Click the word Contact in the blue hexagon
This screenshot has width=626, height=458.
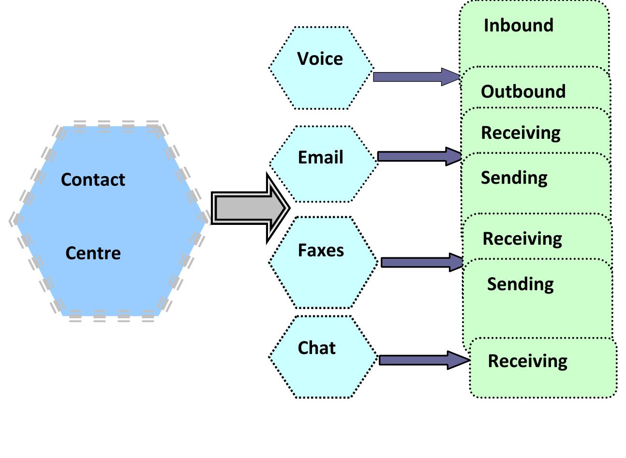coord(93,179)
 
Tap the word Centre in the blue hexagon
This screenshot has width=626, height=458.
coord(93,253)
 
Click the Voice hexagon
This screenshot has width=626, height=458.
coord(321,68)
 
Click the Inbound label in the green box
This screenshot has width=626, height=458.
coord(518,25)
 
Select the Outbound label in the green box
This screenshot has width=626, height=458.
coord(523,91)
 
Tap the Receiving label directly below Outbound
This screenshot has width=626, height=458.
coord(521,133)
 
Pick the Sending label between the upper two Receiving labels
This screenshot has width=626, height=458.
coord(514,177)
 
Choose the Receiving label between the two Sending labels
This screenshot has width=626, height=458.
coord(522,238)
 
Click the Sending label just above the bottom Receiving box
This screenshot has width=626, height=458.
coord(520,283)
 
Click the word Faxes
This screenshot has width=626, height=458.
coord(321,250)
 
